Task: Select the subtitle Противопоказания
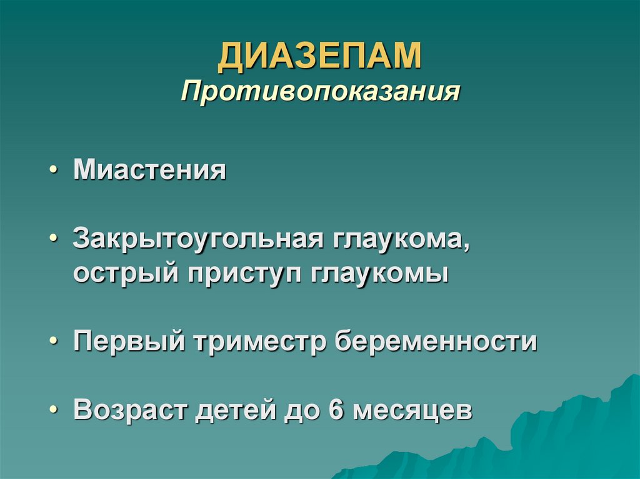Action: [320, 92]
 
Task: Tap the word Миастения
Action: [149, 170]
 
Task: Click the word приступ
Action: [237, 274]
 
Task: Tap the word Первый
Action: [129, 342]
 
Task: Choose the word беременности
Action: [436, 342]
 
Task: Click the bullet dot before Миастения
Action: [56, 171]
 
